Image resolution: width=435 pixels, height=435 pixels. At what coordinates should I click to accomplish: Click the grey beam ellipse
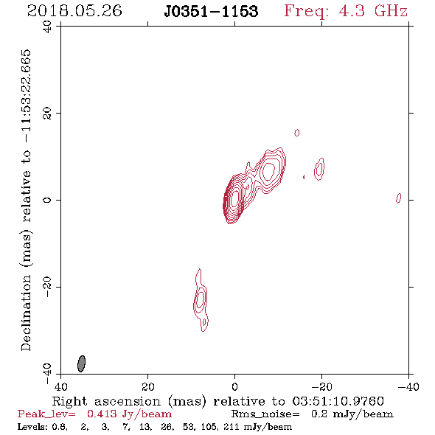click(81, 363)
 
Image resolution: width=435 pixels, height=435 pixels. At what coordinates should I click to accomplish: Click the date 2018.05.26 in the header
click(74, 11)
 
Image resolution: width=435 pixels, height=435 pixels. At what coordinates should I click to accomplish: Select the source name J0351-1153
click(211, 11)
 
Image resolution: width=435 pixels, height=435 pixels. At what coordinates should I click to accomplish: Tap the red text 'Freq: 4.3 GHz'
click(346, 11)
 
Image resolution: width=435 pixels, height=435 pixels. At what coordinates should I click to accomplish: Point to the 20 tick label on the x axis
click(147, 386)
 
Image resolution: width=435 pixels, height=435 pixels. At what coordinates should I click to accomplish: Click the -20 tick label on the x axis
click(321, 386)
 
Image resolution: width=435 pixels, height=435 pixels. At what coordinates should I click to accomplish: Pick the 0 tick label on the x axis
click(234, 386)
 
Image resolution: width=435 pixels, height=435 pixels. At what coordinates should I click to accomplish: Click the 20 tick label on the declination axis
click(47, 114)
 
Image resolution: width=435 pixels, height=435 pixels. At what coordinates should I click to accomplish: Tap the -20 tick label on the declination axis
click(47, 287)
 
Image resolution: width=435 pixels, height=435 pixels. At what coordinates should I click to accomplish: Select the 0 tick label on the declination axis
click(47, 200)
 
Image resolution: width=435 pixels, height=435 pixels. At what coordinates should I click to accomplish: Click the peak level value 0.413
click(102, 414)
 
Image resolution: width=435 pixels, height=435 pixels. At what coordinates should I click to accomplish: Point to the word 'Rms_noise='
click(265, 414)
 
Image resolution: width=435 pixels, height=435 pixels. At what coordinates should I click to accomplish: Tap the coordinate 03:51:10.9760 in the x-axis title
click(338, 401)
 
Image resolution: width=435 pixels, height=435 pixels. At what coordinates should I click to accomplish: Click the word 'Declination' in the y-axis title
click(26, 313)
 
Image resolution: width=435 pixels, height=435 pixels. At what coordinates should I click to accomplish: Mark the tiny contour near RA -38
click(398, 198)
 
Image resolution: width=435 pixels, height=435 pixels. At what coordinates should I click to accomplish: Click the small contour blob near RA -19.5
click(319, 169)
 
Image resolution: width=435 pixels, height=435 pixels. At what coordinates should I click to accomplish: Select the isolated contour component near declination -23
click(201, 301)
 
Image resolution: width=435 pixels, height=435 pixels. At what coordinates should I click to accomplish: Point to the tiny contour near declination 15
click(297, 133)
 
